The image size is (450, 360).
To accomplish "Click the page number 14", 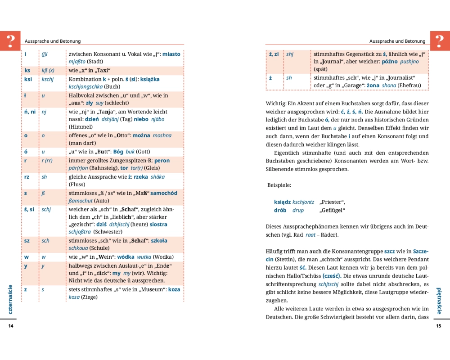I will tap(11, 326).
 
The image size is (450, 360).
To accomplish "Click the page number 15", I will tap(439, 326).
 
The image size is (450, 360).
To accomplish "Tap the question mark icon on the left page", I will tap(10, 40).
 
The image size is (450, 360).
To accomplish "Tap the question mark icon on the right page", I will tap(440, 40).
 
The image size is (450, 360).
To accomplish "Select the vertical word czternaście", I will tap(10, 299).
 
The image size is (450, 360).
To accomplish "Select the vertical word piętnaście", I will tap(439, 301).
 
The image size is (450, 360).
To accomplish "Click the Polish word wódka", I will tap(126, 257).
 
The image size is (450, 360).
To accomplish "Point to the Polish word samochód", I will tap(164, 193).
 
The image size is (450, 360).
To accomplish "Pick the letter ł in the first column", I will tap(26, 95).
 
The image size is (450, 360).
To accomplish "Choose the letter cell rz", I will tap(27, 177).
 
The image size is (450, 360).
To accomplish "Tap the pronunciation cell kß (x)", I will tap(48, 70).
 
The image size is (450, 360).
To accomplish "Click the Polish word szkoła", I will tap(159, 241).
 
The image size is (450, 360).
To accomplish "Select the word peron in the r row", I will tap(162, 161).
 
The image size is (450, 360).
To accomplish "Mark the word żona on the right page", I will tap(373, 85).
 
